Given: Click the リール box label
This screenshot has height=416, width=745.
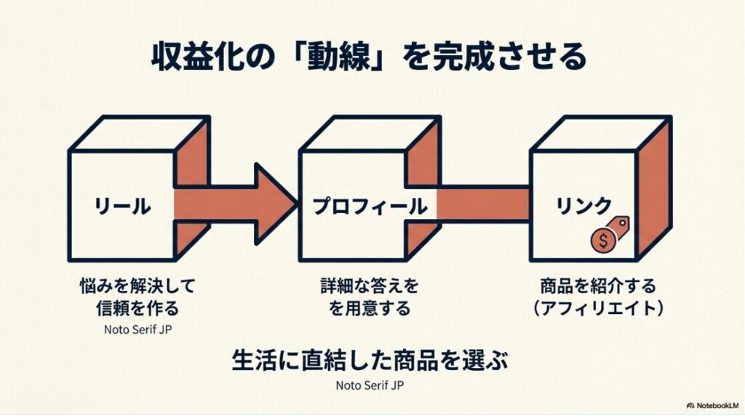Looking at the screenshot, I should (122, 207).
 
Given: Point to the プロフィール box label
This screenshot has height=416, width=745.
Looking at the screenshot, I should (370, 207).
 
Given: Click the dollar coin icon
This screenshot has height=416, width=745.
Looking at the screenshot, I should (603, 239).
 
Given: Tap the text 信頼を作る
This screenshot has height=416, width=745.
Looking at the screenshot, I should (137, 308).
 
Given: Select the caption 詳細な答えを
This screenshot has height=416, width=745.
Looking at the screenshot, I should (370, 284).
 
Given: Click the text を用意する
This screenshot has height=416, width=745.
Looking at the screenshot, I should (370, 308).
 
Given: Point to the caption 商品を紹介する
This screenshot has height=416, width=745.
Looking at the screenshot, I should (598, 284).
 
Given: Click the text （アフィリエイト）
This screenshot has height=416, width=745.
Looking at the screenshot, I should (598, 308).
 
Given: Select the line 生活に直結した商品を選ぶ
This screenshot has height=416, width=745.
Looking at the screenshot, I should (370, 360).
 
